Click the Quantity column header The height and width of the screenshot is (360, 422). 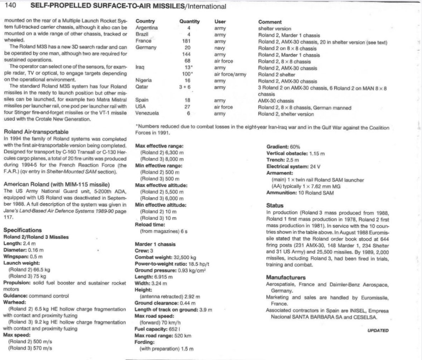pyautogui.click(x=189, y=22)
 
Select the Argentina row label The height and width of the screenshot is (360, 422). pyautogui.click(x=147, y=28)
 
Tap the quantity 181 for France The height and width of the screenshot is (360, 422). pyautogui.click(x=188, y=42)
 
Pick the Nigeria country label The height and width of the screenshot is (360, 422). pyautogui.click(x=144, y=81)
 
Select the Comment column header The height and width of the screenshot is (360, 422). pyautogui.click(x=270, y=22)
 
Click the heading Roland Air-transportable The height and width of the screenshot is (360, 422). pyautogui.click(x=36, y=132)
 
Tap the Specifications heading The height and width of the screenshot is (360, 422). pyautogui.click(x=22, y=230)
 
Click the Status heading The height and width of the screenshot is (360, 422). pyautogui.click(x=275, y=205)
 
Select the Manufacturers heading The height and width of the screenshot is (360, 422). pyautogui.click(x=286, y=277)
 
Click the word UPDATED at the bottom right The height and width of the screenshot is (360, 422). pyautogui.click(x=378, y=331)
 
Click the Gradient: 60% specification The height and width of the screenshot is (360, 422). pyautogui.click(x=283, y=147)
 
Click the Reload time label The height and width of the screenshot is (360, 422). pyautogui.click(x=150, y=224)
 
